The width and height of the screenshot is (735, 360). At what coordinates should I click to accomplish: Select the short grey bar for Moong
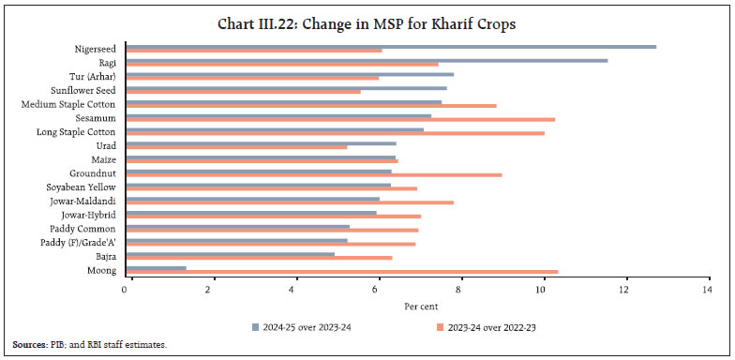tap(156, 268)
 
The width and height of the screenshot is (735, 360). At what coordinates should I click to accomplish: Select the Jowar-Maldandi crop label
tap(83, 201)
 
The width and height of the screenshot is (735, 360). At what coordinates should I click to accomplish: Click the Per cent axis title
tap(417, 307)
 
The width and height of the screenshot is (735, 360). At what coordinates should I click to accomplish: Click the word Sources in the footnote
tap(28, 346)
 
